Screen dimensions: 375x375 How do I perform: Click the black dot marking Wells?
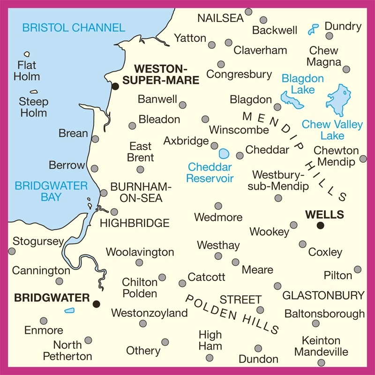pyautogui.click(x=321, y=225)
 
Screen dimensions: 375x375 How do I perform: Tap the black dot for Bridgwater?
pyautogui.click(x=97, y=304)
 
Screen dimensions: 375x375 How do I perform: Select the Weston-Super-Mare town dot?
pyautogui.click(x=115, y=86)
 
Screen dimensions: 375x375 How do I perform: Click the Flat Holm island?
pyautogui.click(x=27, y=54)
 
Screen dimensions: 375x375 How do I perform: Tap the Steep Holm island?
pyautogui.click(x=34, y=92)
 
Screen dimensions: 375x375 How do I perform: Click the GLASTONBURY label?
pyautogui.click(x=323, y=295)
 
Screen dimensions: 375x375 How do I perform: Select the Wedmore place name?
pyautogui.click(x=218, y=217)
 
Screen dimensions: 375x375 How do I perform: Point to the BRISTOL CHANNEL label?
pyautogui.click(x=74, y=28)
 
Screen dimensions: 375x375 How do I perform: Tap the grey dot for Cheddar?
pyautogui.click(x=240, y=155)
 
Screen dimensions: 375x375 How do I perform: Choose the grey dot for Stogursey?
pyautogui.click(x=12, y=251)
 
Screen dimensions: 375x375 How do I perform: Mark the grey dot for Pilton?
pyautogui.click(x=358, y=270)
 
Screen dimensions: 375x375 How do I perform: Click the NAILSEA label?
pyautogui.click(x=220, y=18)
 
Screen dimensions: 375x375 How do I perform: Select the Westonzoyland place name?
pyautogui.click(x=149, y=313)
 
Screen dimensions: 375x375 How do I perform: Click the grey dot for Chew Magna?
pyautogui.click(x=346, y=69)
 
